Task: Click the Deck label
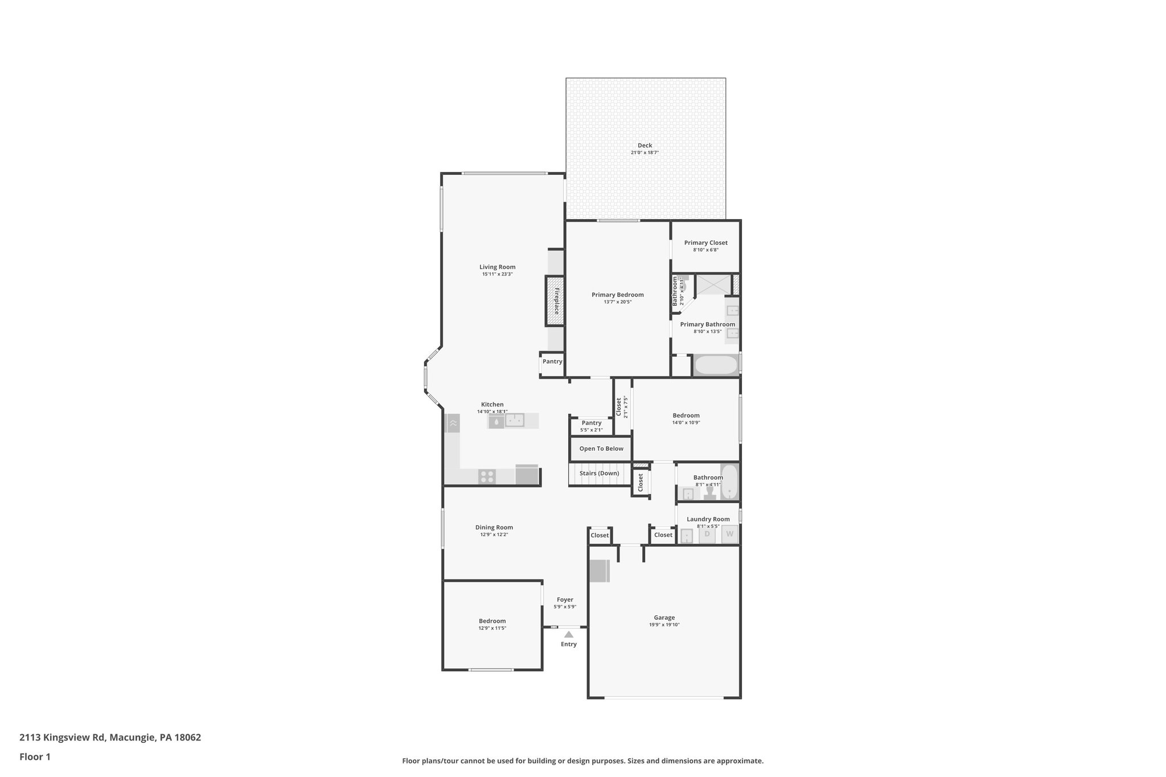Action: point(644,146)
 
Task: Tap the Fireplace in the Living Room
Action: point(555,301)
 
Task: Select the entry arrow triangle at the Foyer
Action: point(569,634)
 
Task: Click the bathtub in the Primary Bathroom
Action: point(716,365)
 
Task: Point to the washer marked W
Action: point(729,535)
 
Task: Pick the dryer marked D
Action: point(707,535)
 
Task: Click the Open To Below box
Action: point(601,449)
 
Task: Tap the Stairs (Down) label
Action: point(599,474)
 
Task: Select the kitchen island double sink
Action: point(515,421)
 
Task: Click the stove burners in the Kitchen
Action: point(487,476)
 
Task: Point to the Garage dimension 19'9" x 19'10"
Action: point(664,624)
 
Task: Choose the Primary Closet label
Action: point(705,243)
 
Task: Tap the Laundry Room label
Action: point(708,519)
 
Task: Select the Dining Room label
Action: point(494,528)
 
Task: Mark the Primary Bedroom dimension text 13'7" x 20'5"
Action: point(617,302)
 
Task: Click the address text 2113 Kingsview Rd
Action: point(62,737)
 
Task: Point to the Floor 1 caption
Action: point(35,757)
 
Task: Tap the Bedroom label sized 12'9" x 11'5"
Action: point(492,621)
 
